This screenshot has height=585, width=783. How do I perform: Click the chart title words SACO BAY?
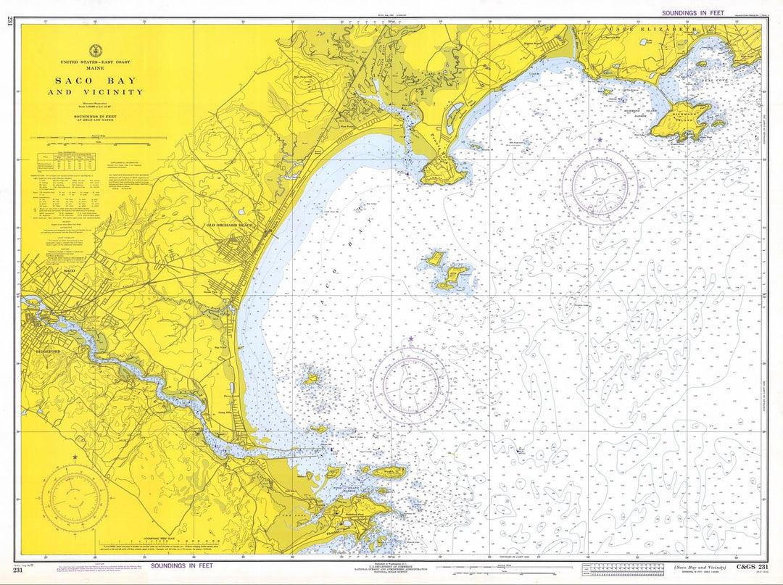coord(96,80)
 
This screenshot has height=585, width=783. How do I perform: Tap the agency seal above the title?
coord(95,51)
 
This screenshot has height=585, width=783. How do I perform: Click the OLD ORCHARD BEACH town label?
coord(231,225)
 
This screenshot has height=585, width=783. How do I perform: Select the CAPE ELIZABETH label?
coord(653,29)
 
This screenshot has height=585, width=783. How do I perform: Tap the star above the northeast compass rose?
coord(600,140)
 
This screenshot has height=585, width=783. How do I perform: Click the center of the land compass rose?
coord(75,497)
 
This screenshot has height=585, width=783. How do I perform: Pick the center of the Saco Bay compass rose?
coord(411,382)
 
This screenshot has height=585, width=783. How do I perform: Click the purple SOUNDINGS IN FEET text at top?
coord(692,13)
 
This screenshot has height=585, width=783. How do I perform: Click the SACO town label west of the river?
coord(70,270)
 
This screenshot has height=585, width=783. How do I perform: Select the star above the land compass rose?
coord(75,457)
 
